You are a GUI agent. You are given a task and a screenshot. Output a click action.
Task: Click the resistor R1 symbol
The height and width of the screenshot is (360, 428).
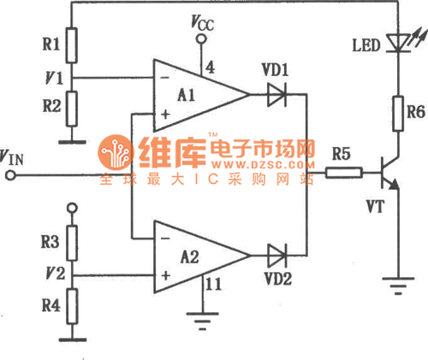click(71, 45)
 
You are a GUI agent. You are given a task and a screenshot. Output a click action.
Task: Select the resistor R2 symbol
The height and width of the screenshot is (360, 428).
click(72, 109)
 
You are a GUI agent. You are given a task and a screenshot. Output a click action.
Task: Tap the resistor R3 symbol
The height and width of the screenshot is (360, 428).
click(72, 243)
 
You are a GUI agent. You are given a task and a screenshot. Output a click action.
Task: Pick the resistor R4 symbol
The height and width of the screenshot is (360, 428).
click(72, 306)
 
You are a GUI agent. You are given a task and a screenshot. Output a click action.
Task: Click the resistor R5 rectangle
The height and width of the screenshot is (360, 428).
click(344, 173)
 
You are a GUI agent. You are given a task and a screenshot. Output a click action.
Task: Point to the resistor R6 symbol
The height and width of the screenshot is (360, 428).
click(398, 114)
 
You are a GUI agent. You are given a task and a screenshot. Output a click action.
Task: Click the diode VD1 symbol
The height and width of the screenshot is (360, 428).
click(276, 94)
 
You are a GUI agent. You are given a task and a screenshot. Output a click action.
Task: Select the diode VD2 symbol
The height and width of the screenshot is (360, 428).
click(276, 256)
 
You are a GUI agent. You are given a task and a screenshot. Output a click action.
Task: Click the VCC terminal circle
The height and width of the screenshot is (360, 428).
click(201, 38)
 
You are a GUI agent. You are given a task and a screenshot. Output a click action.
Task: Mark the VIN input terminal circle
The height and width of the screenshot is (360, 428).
click(10, 175)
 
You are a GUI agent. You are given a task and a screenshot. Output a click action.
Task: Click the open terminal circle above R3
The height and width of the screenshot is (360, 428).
click(72, 208)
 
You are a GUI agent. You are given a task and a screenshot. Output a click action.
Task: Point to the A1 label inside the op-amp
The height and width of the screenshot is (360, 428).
click(186, 95)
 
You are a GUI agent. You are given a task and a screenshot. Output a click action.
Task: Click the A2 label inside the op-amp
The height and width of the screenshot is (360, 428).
click(190, 257)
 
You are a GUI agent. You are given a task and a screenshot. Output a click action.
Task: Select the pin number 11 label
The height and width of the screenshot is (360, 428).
click(213, 284)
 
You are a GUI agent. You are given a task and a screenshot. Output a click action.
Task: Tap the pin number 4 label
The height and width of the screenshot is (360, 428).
click(210, 68)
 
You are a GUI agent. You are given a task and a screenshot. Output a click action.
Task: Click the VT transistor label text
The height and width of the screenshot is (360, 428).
click(376, 207)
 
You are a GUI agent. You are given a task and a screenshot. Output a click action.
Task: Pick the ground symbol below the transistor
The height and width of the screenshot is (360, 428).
click(398, 286)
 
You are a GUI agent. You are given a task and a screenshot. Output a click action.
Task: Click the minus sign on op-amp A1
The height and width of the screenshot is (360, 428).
click(164, 78)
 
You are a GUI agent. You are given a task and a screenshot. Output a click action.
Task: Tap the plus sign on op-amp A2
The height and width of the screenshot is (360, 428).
click(165, 275)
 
